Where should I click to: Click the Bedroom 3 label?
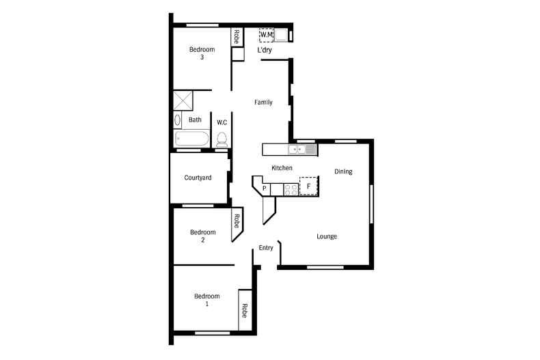coord(202,53)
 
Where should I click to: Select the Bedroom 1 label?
coord(206,299)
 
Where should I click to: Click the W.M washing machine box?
coord(266,35)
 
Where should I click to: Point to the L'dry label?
coord(265,50)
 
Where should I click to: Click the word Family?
coord(263,102)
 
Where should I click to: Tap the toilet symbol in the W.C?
coord(221,139)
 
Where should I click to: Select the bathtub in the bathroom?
coord(192,139)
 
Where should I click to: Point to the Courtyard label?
coord(198,178)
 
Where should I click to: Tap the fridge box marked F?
coord(308,185)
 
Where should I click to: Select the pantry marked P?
coord(264,188)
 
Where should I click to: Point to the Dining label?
coord(343,171)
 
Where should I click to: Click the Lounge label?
coord(327,236)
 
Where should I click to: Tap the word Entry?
coord(266,247)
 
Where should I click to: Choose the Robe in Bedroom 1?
coord(243,310)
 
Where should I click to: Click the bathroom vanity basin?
coord(178,121)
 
